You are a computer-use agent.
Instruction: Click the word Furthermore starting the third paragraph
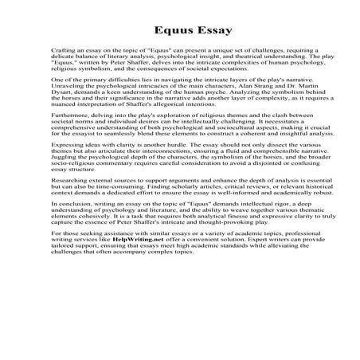click(69, 137)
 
